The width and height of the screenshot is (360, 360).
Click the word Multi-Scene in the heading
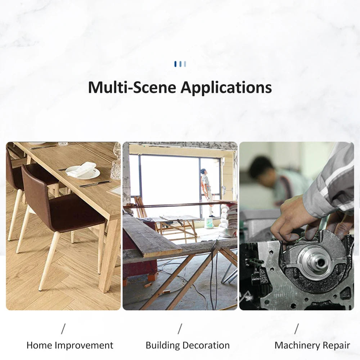(x=132, y=87)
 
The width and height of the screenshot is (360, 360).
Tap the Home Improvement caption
(x=70, y=346)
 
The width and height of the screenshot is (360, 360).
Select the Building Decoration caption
(x=188, y=346)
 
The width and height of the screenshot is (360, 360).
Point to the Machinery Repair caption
(x=312, y=346)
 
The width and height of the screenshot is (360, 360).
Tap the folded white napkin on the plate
(x=82, y=169)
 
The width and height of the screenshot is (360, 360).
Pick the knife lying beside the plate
(x=95, y=184)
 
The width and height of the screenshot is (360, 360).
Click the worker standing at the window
(x=206, y=191)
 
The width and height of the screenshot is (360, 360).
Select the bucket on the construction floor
(x=209, y=223)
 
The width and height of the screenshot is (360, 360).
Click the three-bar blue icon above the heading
(x=180, y=64)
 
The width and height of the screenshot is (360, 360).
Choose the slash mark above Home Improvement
(x=63, y=329)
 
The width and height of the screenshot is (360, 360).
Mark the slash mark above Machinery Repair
(x=297, y=329)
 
